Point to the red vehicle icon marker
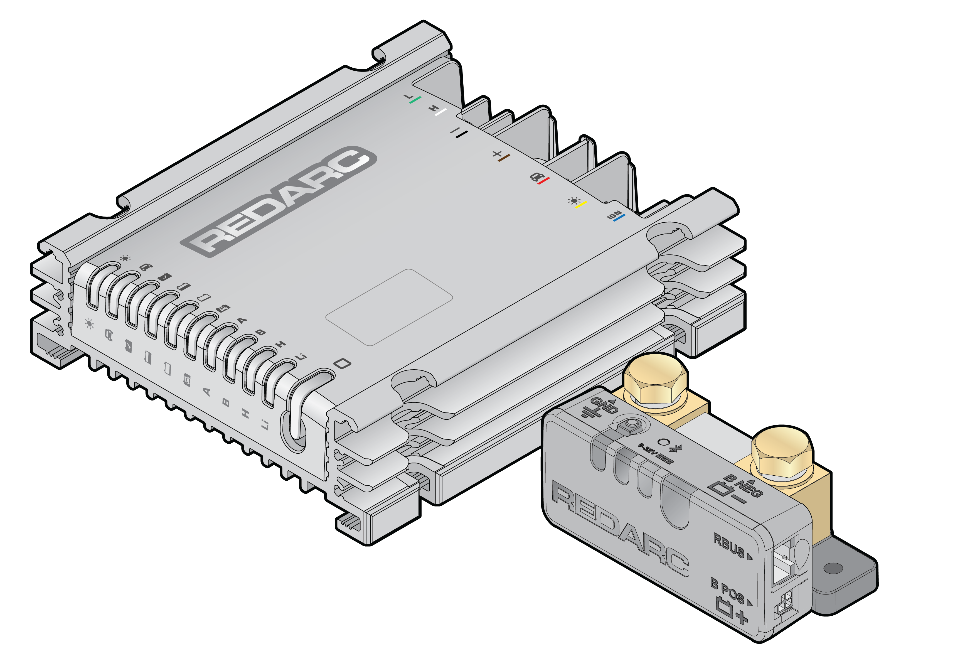(x=539, y=178)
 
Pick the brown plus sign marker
(x=501, y=156)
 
